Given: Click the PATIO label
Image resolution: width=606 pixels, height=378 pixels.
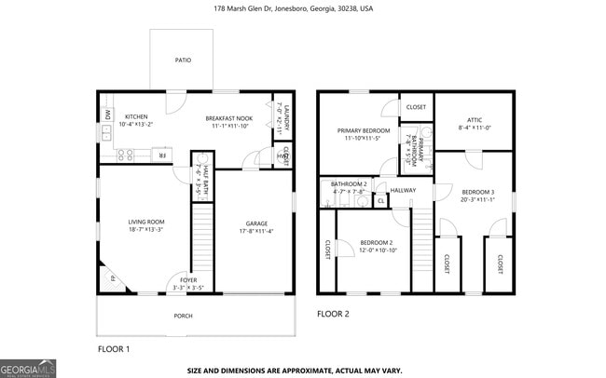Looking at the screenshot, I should [x=184, y=61].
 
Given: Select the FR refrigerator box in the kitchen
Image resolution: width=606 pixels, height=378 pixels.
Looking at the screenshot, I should [x=161, y=155].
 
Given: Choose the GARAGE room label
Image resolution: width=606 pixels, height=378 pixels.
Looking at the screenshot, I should [x=256, y=223].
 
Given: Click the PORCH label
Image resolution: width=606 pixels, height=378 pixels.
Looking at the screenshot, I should [x=184, y=316].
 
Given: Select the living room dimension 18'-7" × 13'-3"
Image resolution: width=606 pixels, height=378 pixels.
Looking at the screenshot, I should [x=146, y=229].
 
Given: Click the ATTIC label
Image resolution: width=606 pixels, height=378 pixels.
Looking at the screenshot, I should [x=474, y=119].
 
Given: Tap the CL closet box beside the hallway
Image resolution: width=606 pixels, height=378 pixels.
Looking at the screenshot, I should [x=380, y=200].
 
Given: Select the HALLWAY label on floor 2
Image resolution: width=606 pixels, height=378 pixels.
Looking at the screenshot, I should [x=404, y=191].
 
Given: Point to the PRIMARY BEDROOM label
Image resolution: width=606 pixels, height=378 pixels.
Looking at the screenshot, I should [x=364, y=130].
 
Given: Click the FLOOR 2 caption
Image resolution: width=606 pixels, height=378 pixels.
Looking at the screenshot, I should [x=333, y=314].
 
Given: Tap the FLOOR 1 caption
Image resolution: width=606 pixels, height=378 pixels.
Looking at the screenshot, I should [x=114, y=348].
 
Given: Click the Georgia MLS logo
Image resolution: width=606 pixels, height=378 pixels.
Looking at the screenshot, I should [x=28, y=368].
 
